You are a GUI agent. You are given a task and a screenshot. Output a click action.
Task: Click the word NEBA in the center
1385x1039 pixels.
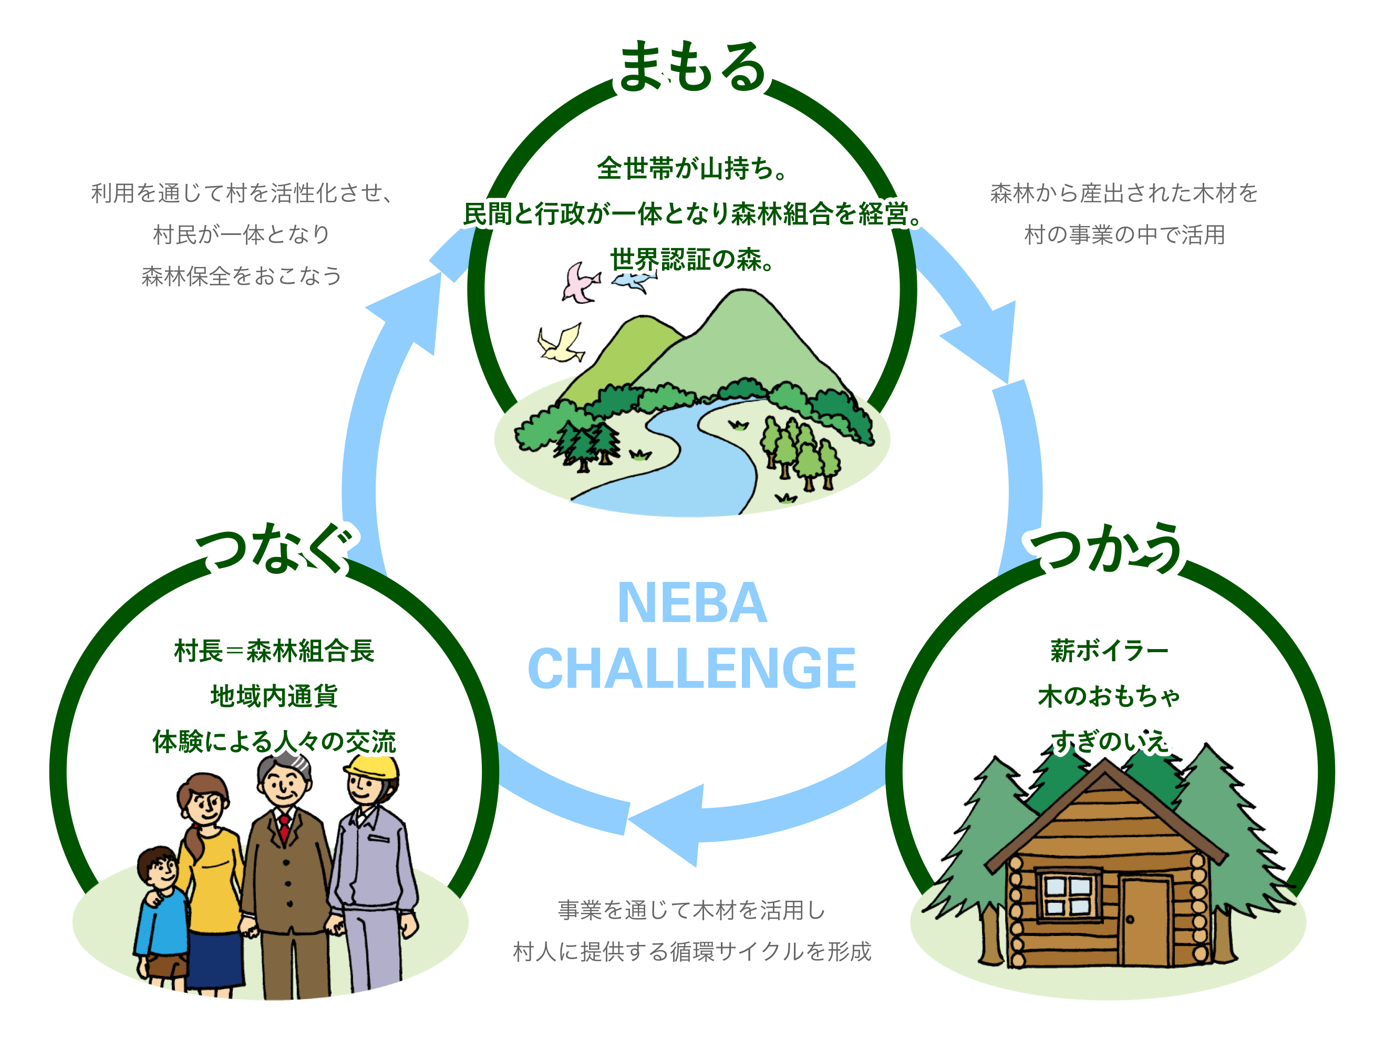[x=692, y=603]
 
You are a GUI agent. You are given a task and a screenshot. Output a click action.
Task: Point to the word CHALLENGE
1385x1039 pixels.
[x=692, y=669]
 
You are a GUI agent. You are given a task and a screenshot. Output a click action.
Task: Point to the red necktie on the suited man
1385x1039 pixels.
[x=285, y=827]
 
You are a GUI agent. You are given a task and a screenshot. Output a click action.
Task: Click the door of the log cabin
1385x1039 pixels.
[x=1145, y=921]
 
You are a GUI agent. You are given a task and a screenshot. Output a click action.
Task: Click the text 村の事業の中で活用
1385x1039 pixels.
[x=1124, y=235]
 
